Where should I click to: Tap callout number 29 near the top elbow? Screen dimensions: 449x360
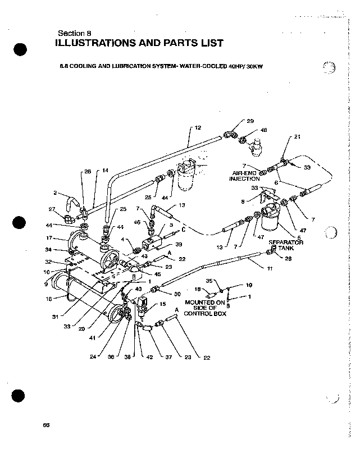point(250,121)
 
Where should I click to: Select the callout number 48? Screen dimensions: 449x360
point(263,130)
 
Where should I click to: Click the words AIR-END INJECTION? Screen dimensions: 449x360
point(244,176)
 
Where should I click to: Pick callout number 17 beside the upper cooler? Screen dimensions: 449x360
point(49,237)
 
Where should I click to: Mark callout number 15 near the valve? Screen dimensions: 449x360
point(163,304)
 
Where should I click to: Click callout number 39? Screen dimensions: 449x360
point(179,244)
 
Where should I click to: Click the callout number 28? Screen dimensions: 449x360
point(288,259)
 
